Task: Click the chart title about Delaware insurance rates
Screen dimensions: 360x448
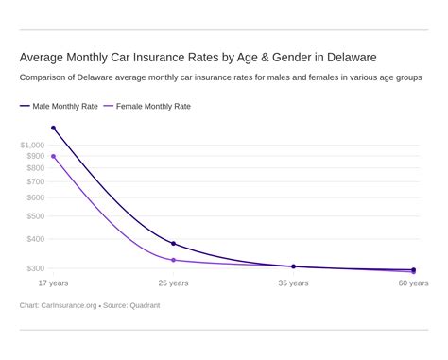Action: tap(198, 58)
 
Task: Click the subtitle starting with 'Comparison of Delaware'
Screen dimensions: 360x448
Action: tap(220, 77)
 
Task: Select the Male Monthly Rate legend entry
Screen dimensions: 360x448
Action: tap(59, 107)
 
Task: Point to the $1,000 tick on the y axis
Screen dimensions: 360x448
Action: tap(32, 145)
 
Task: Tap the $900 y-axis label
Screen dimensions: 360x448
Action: tap(35, 156)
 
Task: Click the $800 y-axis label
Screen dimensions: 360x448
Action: tap(35, 168)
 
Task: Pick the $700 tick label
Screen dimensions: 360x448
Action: tap(35, 181)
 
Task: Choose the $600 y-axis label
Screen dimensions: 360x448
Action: tap(35, 197)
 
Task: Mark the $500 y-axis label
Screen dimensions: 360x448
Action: tap(35, 215)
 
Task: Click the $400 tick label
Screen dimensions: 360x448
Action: tap(35, 239)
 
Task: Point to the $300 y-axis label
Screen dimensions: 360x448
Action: tap(35, 268)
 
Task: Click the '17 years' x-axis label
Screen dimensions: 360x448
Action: tap(53, 283)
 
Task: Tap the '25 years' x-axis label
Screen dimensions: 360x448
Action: tap(173, 283)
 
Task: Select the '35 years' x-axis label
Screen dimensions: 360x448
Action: tap(293, 283)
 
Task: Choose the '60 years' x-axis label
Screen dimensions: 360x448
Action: tap(413, 283)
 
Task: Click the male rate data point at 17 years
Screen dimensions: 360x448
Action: tap(53, 128)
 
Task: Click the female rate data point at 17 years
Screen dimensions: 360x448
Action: tap(53, 156)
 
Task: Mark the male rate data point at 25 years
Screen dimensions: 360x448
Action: tap(173, 244)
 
